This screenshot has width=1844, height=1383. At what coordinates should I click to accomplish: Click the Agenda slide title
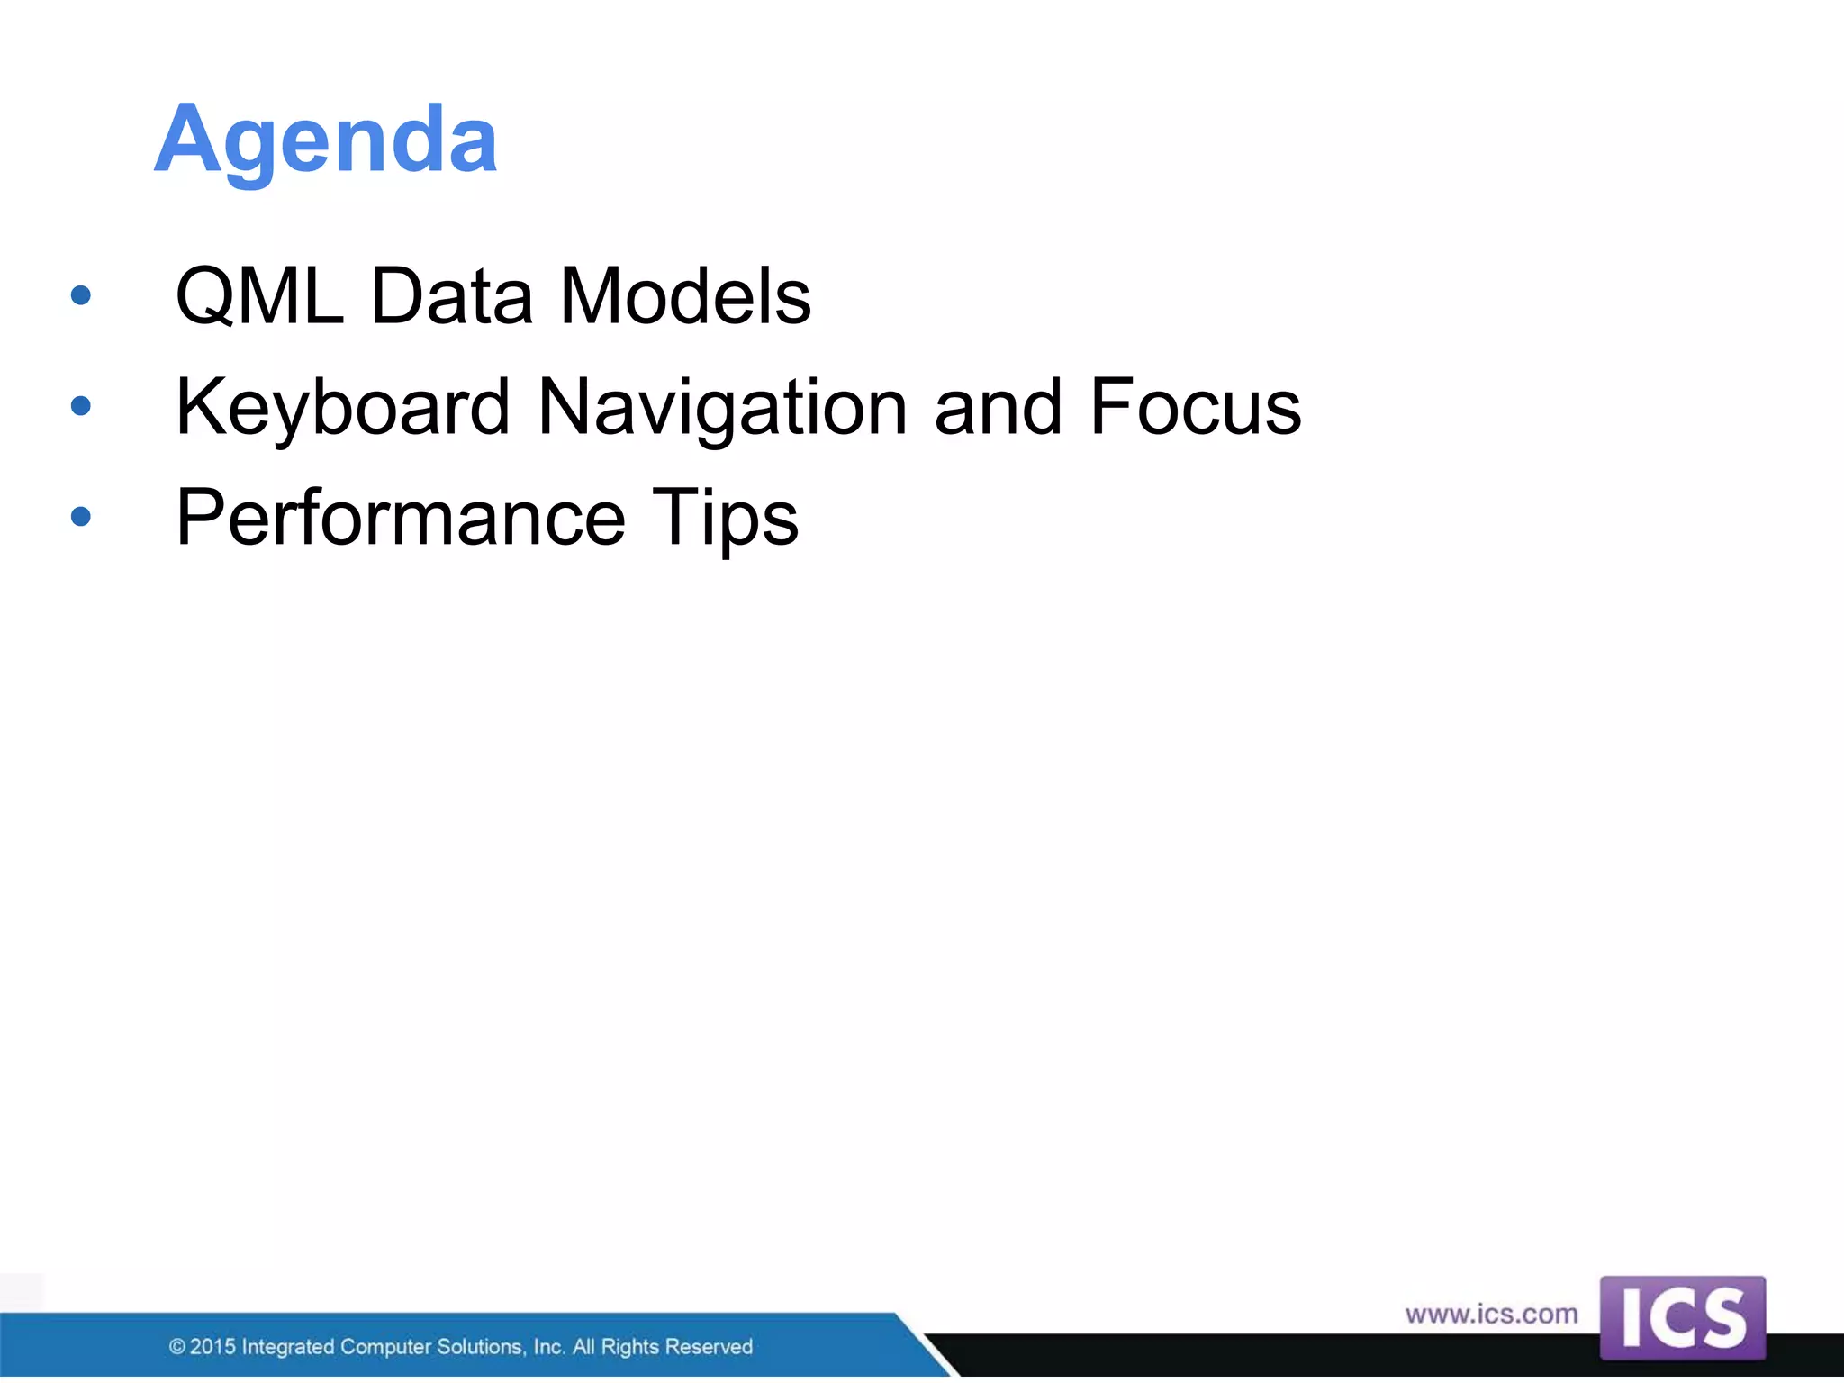tap(326, 140)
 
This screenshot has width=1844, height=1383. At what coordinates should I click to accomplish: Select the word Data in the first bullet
tap(451, 296)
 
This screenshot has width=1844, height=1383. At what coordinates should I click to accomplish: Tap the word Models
tap(685, 296)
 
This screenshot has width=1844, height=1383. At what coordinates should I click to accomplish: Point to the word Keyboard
tap(343, 407)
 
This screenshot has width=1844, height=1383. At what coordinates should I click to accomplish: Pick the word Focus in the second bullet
tap(1195, 407)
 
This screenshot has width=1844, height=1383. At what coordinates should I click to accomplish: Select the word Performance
tap(401, 518)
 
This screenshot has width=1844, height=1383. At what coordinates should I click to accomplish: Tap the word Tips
tap(725, 518)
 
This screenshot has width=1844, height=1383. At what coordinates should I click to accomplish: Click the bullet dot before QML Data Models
tap(81, 295)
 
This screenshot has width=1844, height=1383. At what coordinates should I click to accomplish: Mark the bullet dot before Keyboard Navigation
tap(81, 406)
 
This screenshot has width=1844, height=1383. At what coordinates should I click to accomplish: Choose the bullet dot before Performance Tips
tap(81, 517)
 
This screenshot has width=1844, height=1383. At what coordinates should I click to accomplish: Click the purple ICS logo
tap(1682, 1317)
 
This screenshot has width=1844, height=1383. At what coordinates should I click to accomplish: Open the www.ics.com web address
tap(1491, 1315)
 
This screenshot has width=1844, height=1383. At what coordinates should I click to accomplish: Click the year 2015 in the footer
tap(212, 1347)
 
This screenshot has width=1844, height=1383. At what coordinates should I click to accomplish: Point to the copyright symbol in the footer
tap(177, 1347)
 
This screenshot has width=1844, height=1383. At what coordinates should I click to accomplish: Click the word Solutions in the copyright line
tap(480, 1347)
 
